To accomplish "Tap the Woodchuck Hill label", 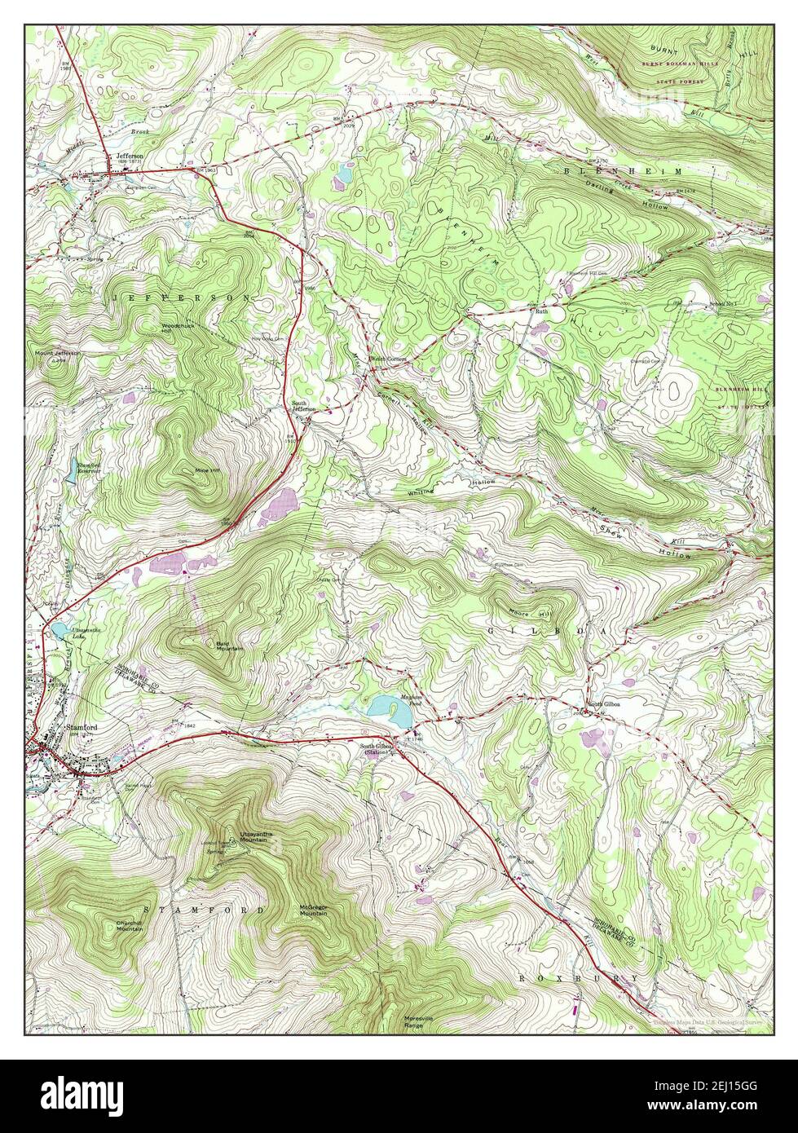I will coord(178,328).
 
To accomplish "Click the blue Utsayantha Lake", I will coord(60,630).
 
